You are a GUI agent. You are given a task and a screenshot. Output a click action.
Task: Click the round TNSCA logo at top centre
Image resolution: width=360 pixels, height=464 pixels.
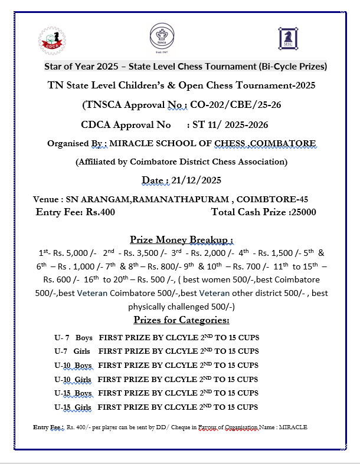click(158, 35)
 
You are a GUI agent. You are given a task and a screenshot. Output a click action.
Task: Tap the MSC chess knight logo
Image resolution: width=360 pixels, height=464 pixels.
click(287, 38)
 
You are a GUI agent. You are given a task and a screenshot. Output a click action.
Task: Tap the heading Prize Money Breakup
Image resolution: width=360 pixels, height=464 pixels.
click(181, 239)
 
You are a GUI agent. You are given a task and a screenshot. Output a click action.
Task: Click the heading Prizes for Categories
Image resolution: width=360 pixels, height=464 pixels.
click(181, 320)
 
